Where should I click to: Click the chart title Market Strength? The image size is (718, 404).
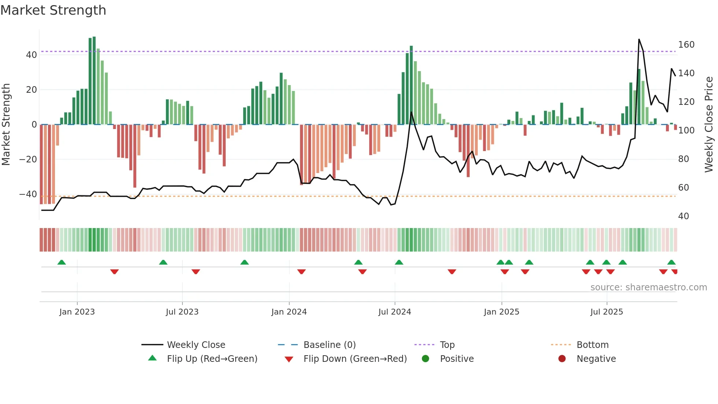coord(53,10)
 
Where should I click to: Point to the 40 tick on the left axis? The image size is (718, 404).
coord(32,55)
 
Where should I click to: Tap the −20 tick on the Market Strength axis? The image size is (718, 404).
coord(28,159)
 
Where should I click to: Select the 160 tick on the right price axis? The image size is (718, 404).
coord(686,45)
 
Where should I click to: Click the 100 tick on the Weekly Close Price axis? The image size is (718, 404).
coord(686,131)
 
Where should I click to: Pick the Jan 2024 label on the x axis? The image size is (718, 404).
coord(289,312)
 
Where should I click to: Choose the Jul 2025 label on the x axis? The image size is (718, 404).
coord(606,312)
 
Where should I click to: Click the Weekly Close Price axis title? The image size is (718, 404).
coord(709,125)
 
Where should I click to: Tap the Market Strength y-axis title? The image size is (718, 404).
coord(6,125)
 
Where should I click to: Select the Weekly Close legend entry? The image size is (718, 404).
coord(196,345)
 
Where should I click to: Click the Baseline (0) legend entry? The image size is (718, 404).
coord(329,345)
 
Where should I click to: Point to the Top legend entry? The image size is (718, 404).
coord(447,345)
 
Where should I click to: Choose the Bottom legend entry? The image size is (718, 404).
coord(592,345)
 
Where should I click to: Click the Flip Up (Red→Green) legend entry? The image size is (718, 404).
coord(212,359)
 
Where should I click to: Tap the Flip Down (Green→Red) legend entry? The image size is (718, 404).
coord(355,359)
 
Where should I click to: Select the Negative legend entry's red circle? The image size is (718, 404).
coord(562,359)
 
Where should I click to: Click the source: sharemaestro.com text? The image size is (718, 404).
coord(648,287)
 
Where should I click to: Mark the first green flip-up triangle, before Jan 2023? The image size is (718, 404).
coord(62,262)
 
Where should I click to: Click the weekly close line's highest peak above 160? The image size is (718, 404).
coord(639,40)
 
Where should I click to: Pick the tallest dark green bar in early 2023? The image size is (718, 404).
coord(94,81)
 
